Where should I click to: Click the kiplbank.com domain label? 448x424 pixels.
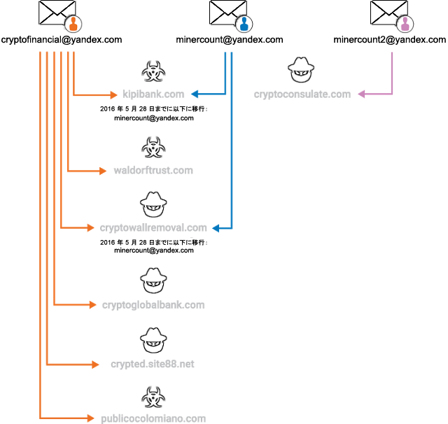pos(153,94)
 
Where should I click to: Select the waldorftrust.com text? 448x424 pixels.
pos(153,170)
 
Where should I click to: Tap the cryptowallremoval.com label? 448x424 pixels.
pos(154,227)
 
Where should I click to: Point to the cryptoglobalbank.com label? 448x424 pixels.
pos(153,304)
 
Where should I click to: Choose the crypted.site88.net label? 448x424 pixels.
pos(153,365)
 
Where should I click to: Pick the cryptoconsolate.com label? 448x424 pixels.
pos(302,94)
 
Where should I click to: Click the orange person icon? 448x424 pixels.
pos(73,24)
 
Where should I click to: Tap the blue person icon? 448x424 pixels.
pos(244,24)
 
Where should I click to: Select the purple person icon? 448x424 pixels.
pos(405,24)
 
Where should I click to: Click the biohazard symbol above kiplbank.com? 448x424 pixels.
pos(153,71)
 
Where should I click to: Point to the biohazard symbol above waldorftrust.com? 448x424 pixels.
pos(153,148)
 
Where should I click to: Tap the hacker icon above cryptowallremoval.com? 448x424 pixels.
pos(153,204)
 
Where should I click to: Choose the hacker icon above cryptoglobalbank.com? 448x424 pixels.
pos(153,281)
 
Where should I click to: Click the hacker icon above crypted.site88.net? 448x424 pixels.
pos(153,341)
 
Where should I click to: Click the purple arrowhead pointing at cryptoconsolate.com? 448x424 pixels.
pos(362,94)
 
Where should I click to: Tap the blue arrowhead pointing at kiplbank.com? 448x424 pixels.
pos(194,94)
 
